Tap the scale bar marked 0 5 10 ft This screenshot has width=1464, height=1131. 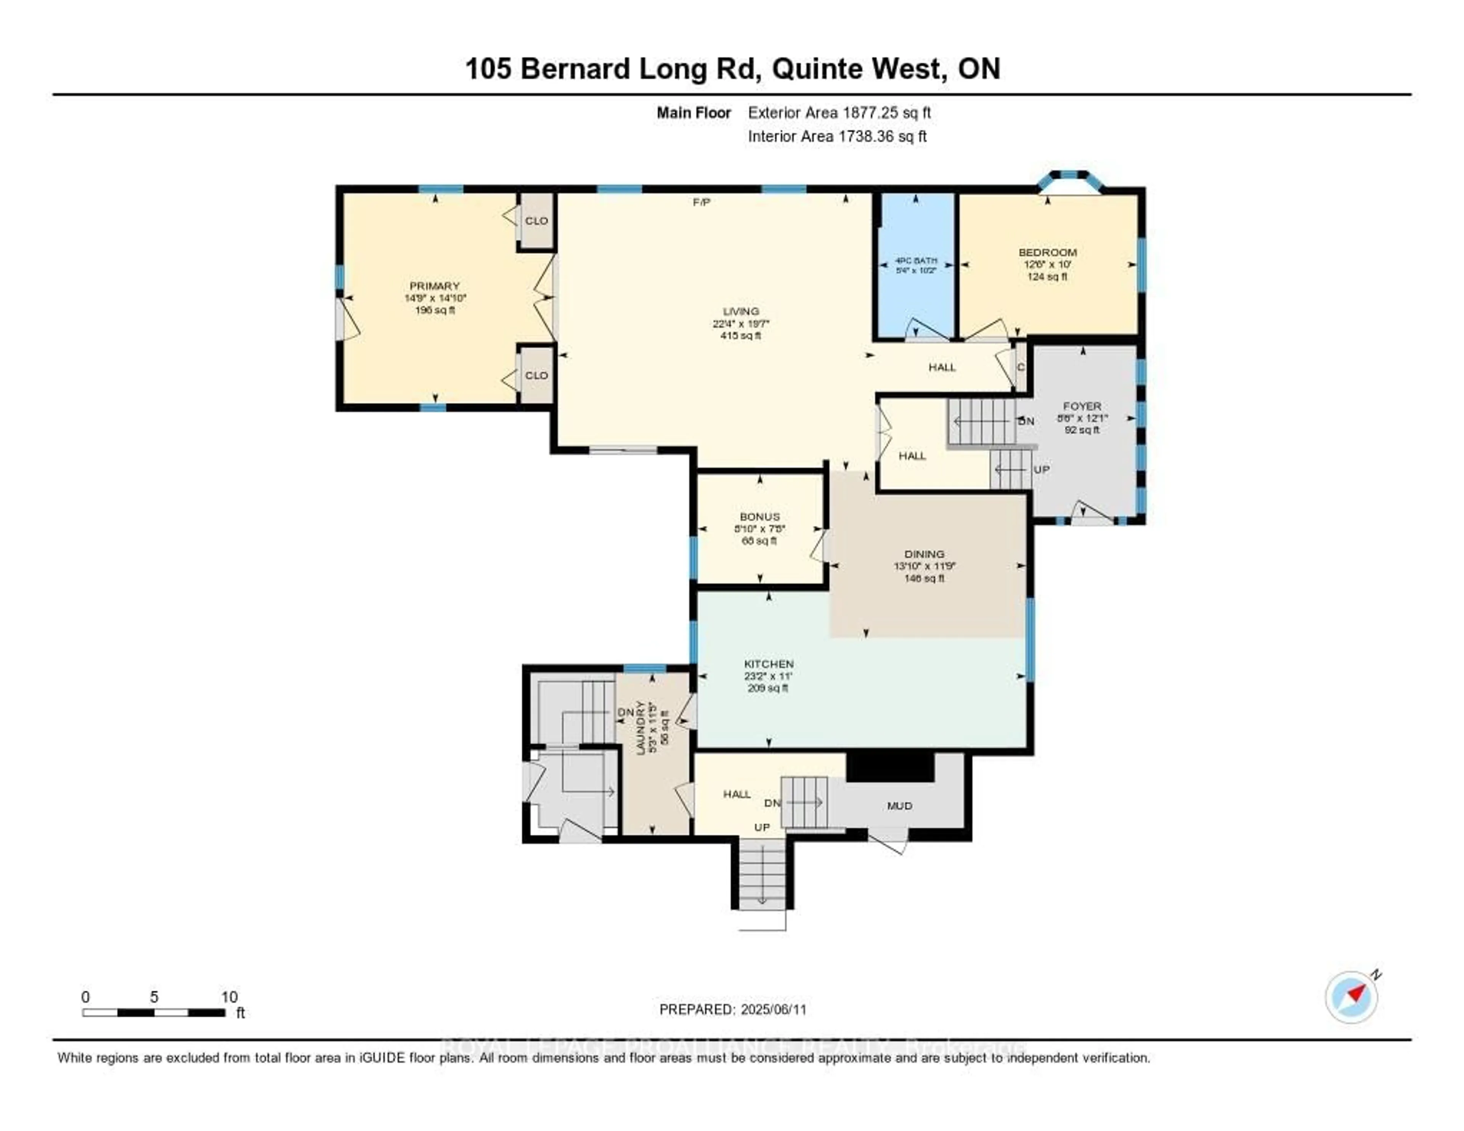coord(154,1012)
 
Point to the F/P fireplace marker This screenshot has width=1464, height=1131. coord(701,202)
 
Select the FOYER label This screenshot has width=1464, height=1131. coord(1082,406)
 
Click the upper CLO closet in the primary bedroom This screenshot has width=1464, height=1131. coord(536,220)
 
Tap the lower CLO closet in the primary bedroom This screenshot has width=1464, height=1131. coord(536,376)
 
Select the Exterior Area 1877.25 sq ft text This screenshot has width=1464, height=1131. coord(839,112)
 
